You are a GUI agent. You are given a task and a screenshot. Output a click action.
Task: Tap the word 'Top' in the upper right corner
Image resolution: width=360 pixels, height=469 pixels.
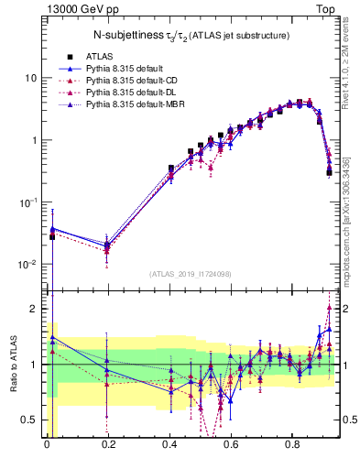tap(324, 8)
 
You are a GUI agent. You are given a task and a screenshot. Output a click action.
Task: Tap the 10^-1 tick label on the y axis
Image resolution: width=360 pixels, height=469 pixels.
tap(27, 202)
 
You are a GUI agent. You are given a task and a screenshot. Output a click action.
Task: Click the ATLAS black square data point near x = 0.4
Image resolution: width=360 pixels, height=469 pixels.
tap(171, 169)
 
